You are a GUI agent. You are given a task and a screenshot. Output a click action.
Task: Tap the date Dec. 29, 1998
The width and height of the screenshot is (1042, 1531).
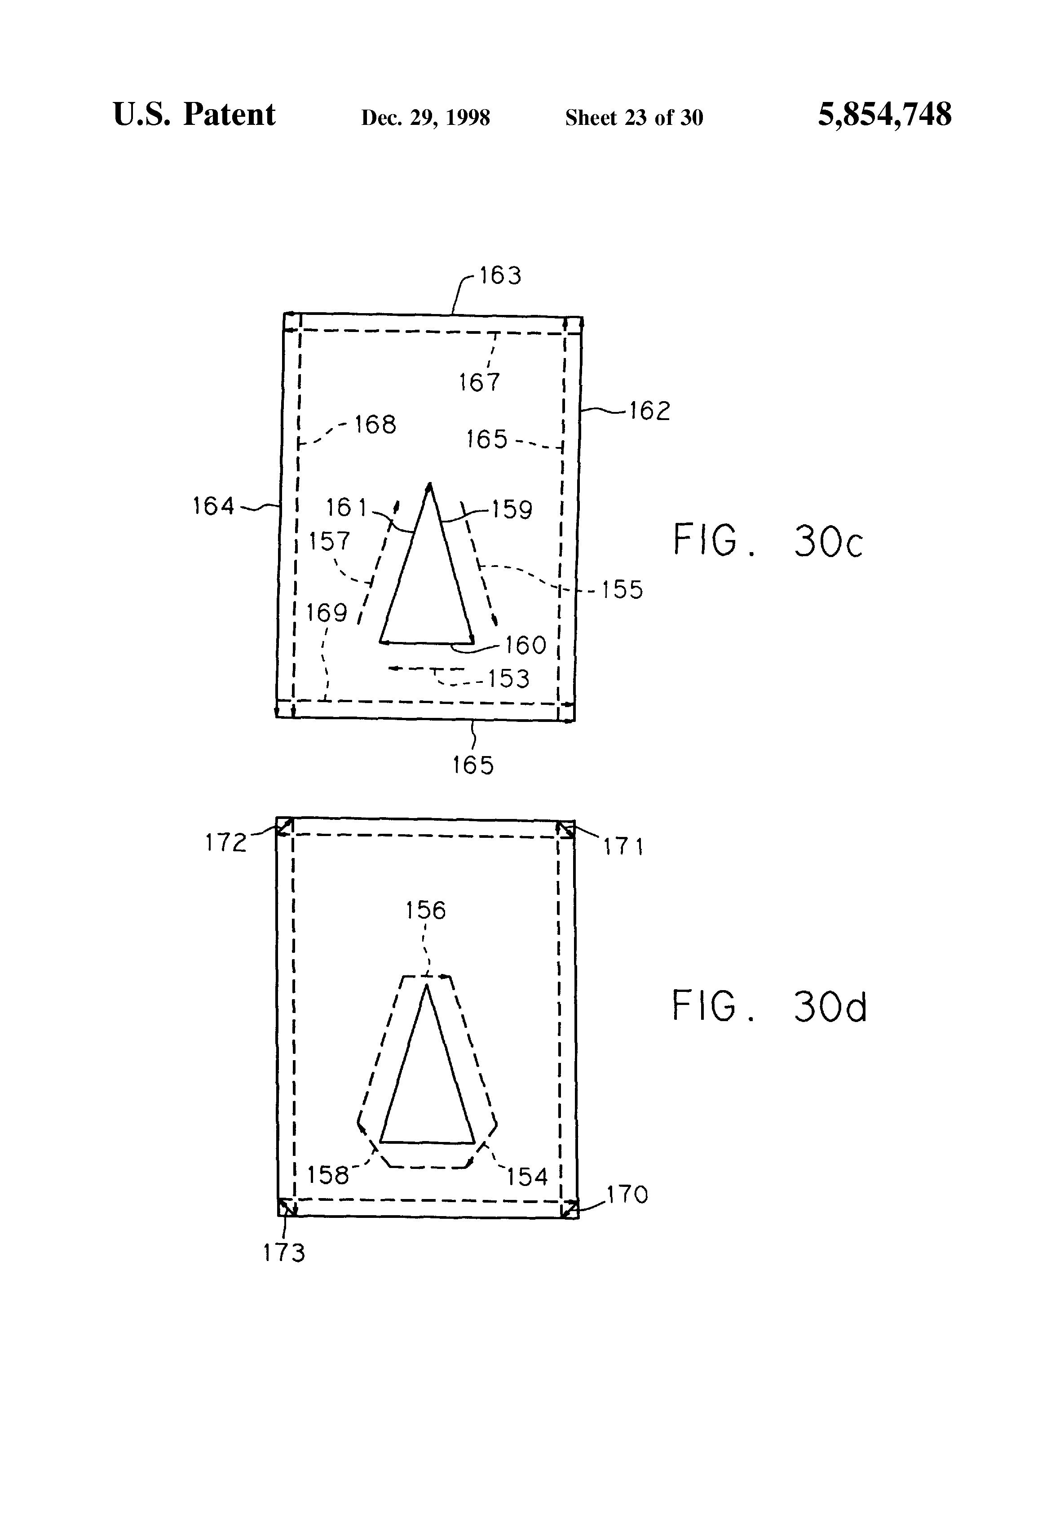point(425,118)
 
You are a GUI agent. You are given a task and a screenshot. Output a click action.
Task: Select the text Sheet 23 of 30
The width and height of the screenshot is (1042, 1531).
point(634,118)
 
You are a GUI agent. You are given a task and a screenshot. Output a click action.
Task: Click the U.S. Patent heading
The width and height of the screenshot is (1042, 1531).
point(194,115)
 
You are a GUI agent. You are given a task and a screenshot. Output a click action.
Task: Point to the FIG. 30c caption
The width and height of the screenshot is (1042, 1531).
point(767,541)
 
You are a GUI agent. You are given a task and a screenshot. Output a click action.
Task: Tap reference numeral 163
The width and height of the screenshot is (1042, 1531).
point(500,275)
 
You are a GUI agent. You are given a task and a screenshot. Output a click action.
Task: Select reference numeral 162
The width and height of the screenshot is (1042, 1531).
point(649,411)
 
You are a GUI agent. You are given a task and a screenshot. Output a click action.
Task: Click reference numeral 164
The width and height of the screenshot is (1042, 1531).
point(213,506)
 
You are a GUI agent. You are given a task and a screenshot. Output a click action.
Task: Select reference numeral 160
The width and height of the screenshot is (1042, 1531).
point(525,645)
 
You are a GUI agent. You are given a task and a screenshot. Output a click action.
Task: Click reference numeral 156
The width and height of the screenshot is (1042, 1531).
point(425,911)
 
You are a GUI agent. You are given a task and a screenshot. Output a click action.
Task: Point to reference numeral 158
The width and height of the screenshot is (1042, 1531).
point(328,1175)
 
